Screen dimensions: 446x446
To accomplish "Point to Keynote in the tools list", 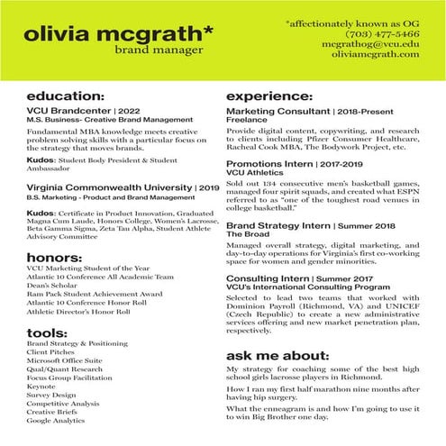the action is [x=41, y=386].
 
